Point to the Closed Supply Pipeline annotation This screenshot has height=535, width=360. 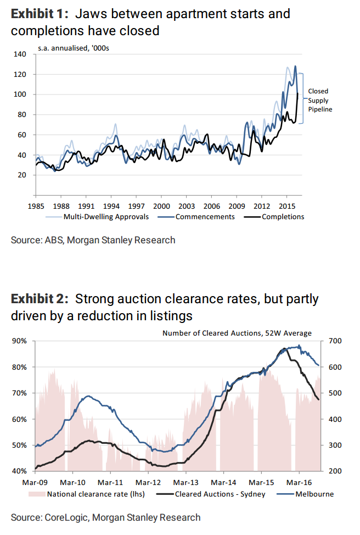pos(320,100)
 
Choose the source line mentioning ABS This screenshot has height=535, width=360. pos(93,239)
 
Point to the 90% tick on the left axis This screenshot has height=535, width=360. pos(19,341)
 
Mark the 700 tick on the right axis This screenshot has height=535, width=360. pos(335,341)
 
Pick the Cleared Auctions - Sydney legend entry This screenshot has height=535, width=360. pos(220,494)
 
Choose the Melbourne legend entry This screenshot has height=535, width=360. pos(314,494)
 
